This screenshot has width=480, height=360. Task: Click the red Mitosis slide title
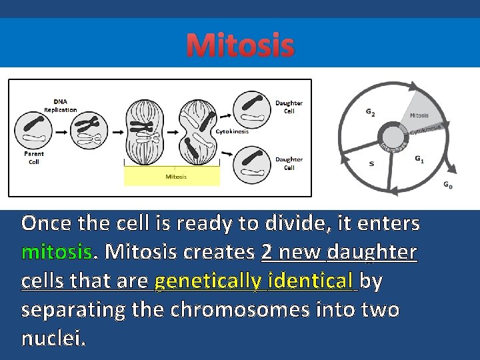coord(240,45)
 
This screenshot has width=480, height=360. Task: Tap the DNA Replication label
coord(60,105)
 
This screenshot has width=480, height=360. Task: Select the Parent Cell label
coord(34,157)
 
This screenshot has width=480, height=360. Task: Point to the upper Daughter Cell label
coord(289,107)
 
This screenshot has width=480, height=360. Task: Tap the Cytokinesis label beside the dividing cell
coord(232,131)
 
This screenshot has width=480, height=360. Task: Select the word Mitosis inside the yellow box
coord(176,177)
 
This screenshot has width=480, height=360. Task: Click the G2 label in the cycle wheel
coord(370,113)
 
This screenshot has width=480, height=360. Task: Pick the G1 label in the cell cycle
coord(419,159)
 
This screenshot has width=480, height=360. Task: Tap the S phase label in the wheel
coord(371,163)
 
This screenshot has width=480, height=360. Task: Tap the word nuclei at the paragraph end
coord(53,339)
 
